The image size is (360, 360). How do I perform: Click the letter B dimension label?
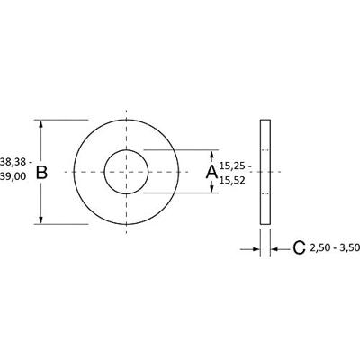40,172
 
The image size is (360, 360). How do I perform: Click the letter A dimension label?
211,172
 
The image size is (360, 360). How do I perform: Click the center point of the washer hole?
127,171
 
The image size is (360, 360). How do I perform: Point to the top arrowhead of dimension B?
41,124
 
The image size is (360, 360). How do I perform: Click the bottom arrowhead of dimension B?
41,219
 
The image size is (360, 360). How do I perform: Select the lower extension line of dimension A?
180,192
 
